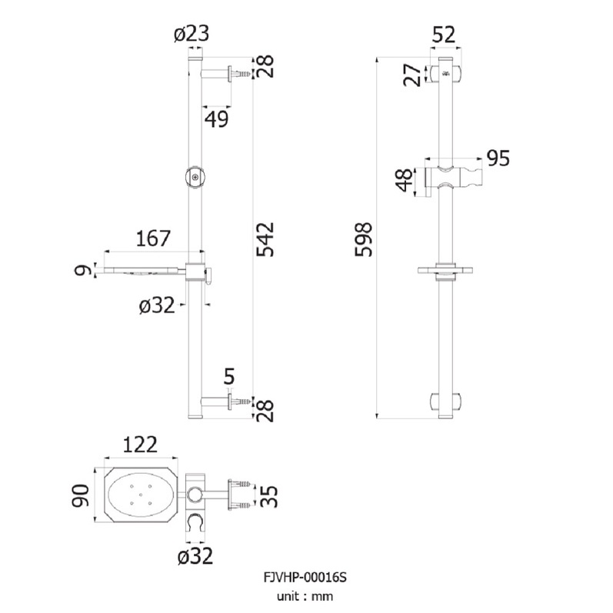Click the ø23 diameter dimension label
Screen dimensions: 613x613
[x=192, y=34]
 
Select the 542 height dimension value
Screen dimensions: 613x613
[x=265, y=240]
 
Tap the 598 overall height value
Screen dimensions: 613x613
[x=363, y=239]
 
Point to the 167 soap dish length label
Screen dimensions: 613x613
[x=153, y=238]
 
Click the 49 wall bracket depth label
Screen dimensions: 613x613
[x=217, y=119]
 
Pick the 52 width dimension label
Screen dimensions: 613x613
[x=444, y=35]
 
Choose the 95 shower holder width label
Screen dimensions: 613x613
[x=498, y=158]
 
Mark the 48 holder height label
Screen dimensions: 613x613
[x=405, y=180]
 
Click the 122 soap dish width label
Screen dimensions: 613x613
[x=140, y=445]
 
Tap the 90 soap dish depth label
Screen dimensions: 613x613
[x=81, y=495]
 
